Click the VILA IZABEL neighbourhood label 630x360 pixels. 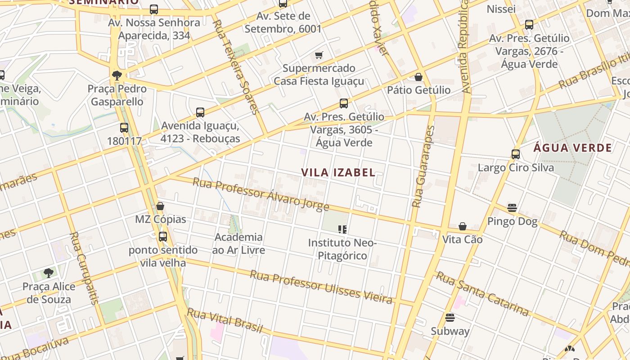pos(338,172)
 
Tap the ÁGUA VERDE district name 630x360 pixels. pos(573,148)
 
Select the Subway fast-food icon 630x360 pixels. pos(450,318)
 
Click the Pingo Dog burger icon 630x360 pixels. pos(512,208)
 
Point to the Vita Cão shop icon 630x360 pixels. pos(462,226)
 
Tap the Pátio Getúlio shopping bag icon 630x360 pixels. pos(418,77)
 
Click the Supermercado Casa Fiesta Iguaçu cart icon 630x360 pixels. pos(319,55)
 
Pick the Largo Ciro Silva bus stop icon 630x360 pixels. pos(516,154)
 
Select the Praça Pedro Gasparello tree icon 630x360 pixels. pos(117,75)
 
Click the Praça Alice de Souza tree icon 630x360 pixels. pos(49,273)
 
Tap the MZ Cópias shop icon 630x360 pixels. pos(160,206)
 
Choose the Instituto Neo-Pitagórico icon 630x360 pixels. pos(342,229)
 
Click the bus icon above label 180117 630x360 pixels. pos(124,128)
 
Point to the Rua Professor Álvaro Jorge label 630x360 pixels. pos(261,194)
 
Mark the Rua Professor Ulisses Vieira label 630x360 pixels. pos(321,287)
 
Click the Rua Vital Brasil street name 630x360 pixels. pos(225,320)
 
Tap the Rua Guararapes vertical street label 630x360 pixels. pos(423,166)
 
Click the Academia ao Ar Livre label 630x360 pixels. pos(238,243)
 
